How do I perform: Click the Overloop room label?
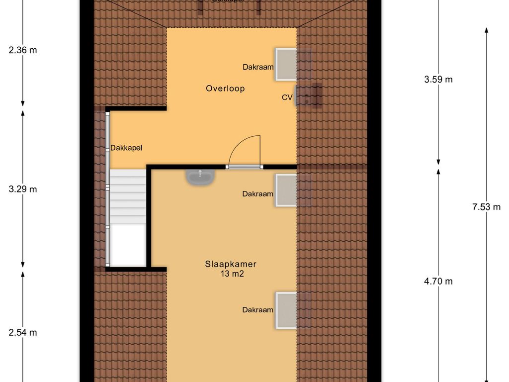click(225, 89)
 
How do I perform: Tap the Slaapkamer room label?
click(231, 264)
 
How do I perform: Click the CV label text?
click(287, 97)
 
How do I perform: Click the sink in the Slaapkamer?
click(200, 177)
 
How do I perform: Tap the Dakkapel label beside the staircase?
click(126, 148)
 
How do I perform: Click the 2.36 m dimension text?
click(23, 50)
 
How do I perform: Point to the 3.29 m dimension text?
click(23, 189)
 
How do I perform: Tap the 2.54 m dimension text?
click(23, 333)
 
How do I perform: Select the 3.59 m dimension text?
click(438, 79)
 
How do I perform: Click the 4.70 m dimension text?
click(438, 281)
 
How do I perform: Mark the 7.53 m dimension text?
click(486, 207)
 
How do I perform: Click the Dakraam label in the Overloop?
click(258, 67)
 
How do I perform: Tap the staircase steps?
click(127, 196)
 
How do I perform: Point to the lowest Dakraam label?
click(258, 310)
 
